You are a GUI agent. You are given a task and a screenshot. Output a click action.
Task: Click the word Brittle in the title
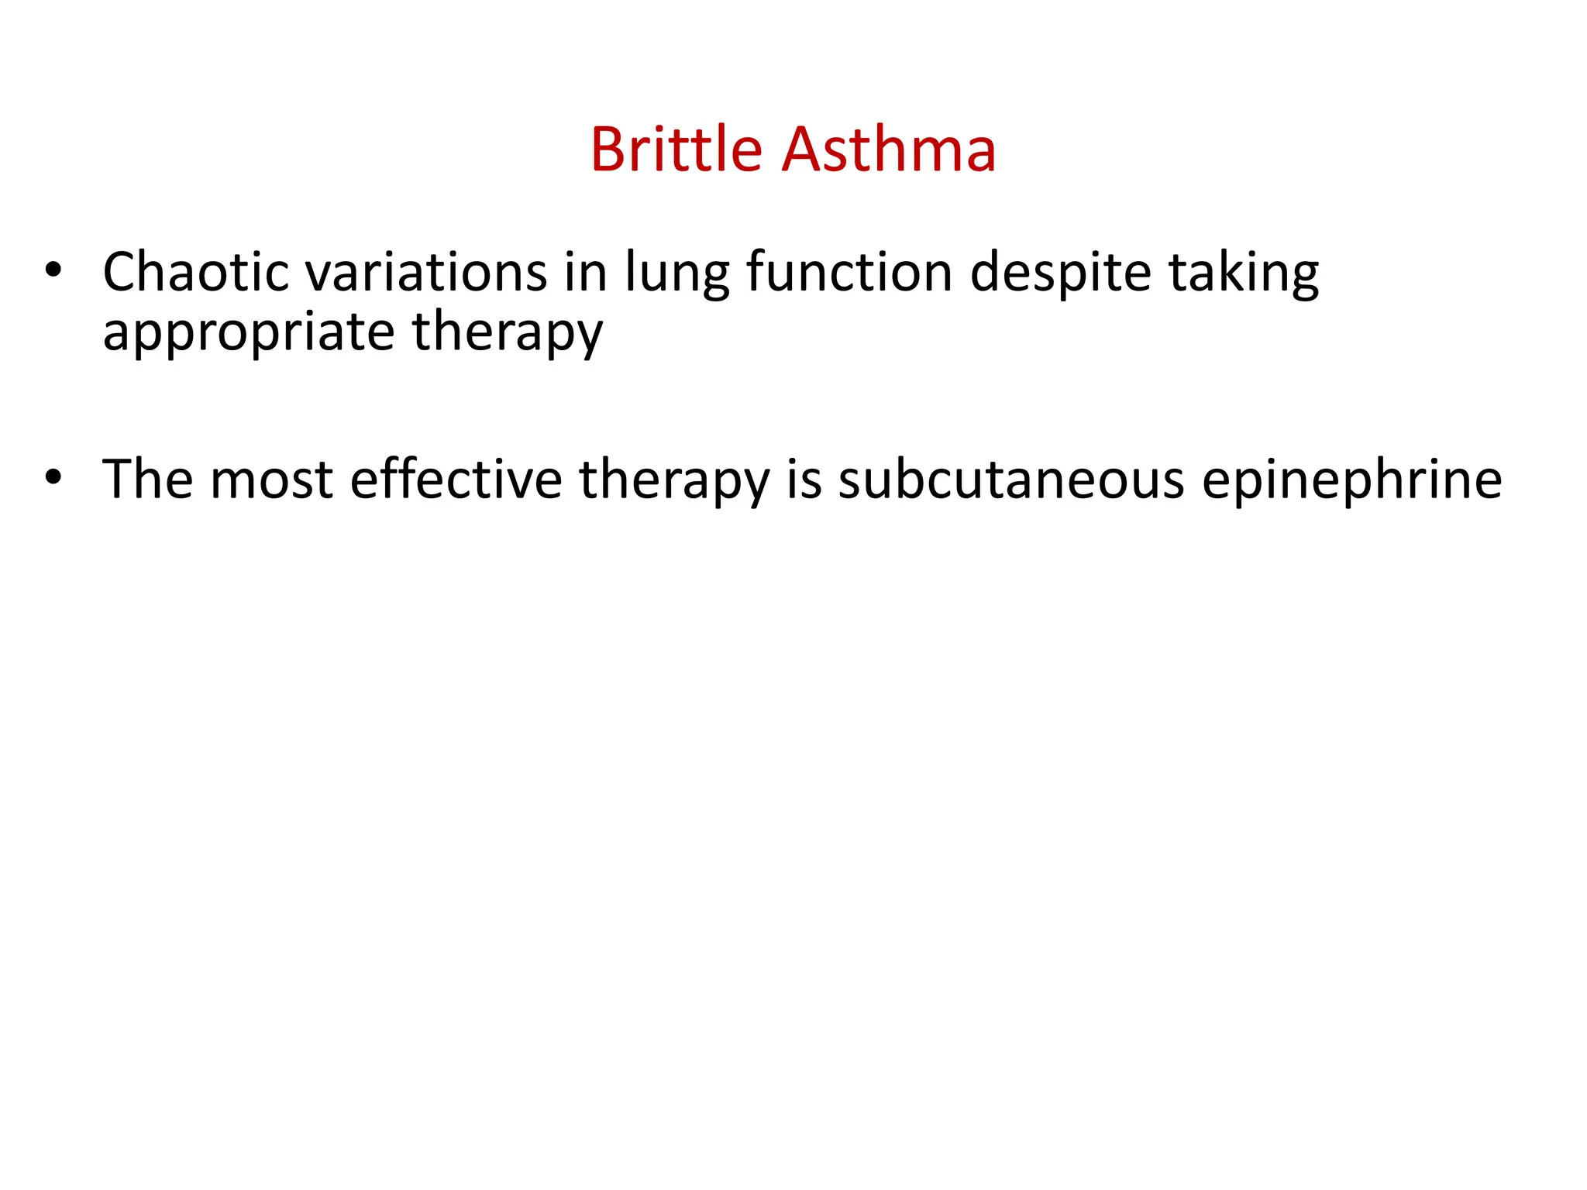point(676,149)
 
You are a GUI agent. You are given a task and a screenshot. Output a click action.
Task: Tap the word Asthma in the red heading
point(889,149)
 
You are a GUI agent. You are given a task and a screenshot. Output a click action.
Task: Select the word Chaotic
point(195,273)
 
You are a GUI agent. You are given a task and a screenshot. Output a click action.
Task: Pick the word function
point(849,273)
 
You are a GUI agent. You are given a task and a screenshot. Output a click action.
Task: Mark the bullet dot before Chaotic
point(53,270)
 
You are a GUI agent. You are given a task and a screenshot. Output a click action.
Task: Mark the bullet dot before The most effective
point(53,477)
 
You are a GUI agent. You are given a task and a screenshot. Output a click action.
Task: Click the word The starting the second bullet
point(147,480)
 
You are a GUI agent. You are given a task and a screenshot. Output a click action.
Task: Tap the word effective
point(456,480)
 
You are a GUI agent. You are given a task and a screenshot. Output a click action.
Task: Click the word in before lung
point(586,273)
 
